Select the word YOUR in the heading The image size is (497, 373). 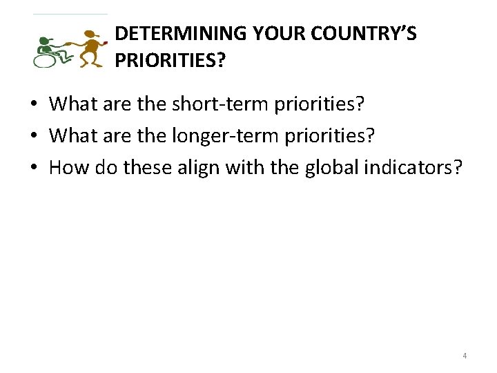pyautogui.click(x=277, y=33)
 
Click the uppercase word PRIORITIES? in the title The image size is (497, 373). pyautogui.click(x=170, y=60)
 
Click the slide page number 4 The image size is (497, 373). pyautogui.click(x=465, y=356)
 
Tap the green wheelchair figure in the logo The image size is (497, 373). pyautogui.click(x=48, y=50)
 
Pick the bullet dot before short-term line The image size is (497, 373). pyautogui.click(x=33, y=105)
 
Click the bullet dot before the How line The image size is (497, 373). pyautogui.click(x=33, y=167)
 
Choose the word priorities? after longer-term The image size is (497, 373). pyautogui.click(x=324, y=135)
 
